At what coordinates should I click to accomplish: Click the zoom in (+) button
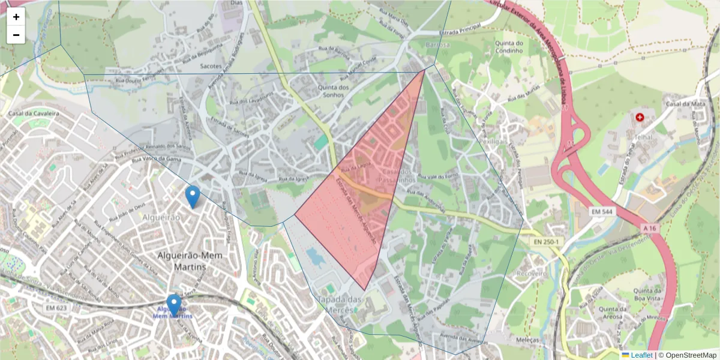point(16,17)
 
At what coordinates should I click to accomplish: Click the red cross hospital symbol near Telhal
point(640,117)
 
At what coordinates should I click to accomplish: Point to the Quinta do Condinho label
point(509,47)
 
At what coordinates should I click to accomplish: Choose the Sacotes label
point(211,66)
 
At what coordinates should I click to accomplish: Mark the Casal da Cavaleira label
point(33,113)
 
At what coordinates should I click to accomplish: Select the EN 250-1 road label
point(545,242)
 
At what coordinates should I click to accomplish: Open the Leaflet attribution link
point(641,355)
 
